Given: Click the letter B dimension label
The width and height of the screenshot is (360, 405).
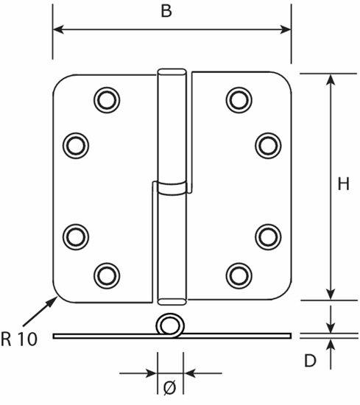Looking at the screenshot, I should pos(166,12).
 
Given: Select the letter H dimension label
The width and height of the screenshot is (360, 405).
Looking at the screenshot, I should pos(343,186).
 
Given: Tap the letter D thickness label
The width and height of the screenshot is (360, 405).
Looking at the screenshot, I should pos(311,361).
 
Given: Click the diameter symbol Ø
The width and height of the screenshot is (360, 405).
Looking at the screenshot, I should pos(170,387).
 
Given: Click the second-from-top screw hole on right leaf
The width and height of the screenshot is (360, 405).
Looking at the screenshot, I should pos(268,144).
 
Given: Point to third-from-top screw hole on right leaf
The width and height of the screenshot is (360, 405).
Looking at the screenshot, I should pos(268,235).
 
